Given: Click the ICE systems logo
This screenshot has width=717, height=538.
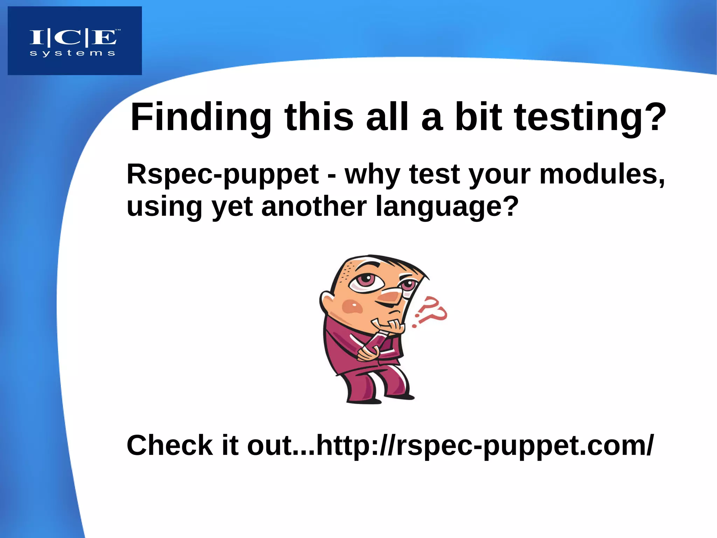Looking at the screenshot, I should tap(75, 41).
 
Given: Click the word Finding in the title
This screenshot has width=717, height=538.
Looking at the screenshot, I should tap(201, 117).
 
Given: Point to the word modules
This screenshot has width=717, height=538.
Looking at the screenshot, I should tap(601, 174).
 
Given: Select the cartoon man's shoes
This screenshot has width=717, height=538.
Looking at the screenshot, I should tap(378, 399).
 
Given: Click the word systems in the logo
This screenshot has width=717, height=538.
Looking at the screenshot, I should tap(72, 54).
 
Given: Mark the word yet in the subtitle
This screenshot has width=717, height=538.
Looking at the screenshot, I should tap(232, 206).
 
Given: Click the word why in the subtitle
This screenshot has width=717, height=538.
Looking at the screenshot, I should tap(373, 174).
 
